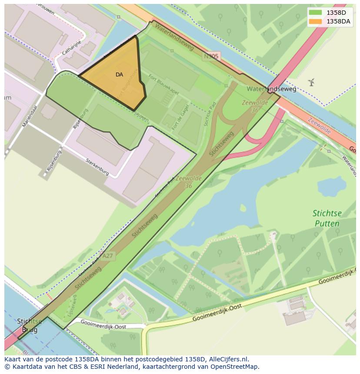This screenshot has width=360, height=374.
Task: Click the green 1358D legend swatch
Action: point(315,13)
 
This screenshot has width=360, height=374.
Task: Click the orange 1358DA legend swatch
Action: point(315,21)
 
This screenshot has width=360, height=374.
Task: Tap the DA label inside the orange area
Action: point(119,75)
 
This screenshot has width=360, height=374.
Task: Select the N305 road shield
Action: point(211,56)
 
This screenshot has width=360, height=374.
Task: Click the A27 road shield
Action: point(107,256)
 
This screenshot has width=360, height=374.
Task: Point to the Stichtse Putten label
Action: point(327,218)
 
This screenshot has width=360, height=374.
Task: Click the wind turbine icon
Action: point(311,82)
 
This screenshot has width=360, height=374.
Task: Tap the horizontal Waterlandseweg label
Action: point(271,89)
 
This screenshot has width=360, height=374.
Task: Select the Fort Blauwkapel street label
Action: point(164,84)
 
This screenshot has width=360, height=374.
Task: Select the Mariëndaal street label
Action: point(30,116)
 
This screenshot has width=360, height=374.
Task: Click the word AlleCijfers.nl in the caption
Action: point(229,359)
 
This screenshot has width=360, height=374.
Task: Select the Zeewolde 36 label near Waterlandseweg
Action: point(251,106)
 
